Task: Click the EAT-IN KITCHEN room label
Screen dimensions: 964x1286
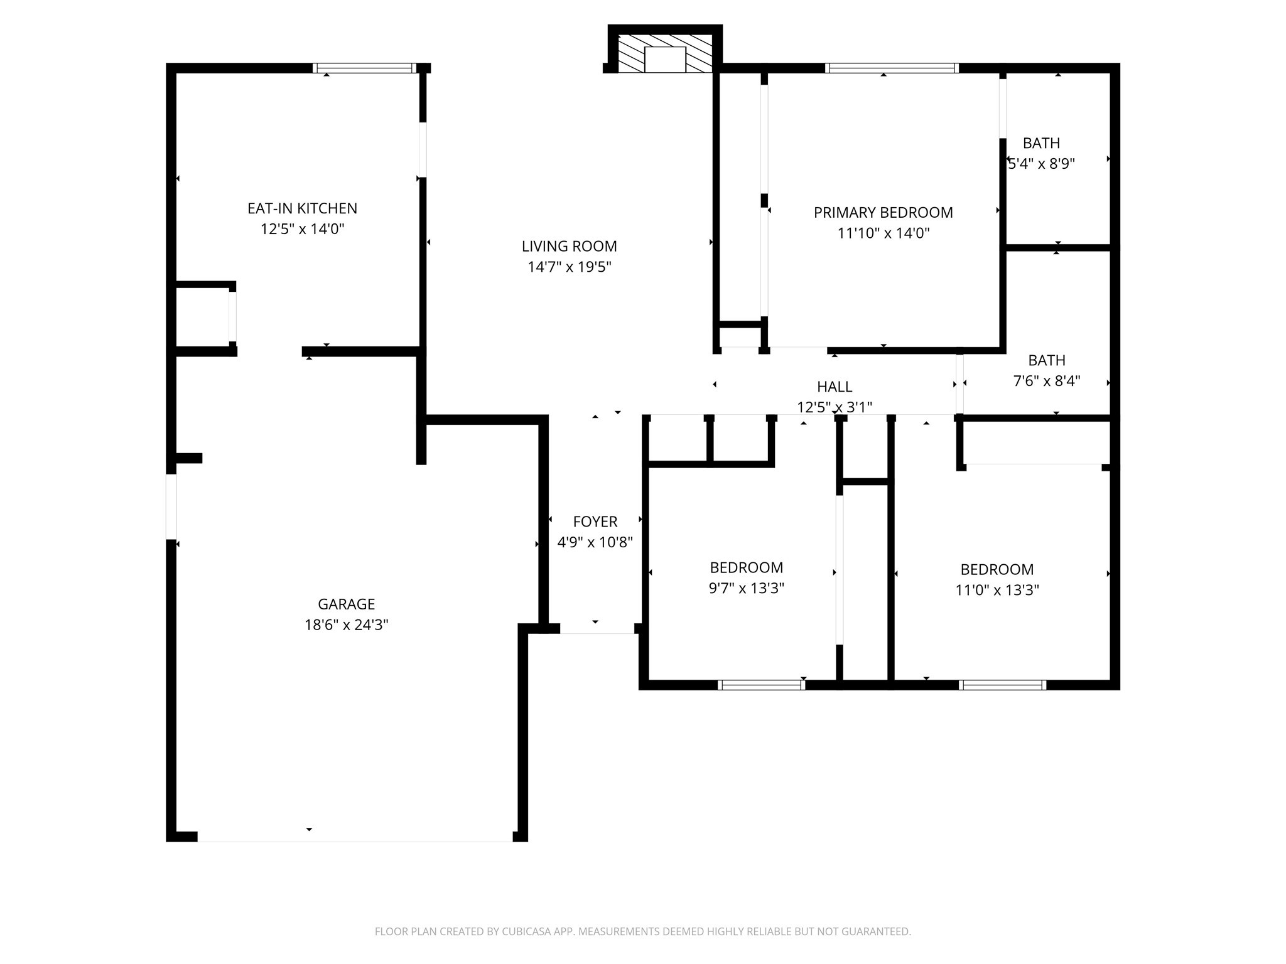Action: click(302, 208)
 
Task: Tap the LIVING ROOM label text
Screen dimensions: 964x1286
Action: click(569, 246)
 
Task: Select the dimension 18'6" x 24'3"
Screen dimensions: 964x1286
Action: click(346, 624)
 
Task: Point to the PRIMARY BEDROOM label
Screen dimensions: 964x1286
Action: click(883, 213)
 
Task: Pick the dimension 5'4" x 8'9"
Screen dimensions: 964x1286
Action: click(1041, 164)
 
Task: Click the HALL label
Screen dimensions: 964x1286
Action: click(835, 387)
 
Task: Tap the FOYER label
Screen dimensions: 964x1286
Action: click(595, 522)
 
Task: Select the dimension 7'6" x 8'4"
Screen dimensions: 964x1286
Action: click(1046, 381)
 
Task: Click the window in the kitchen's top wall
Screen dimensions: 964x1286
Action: click(364, 68)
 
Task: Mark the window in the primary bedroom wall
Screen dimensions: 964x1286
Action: click(891, 68)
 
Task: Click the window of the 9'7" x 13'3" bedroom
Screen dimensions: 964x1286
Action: click(761, 685)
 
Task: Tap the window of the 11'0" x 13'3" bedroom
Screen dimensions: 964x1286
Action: click(1002, 685)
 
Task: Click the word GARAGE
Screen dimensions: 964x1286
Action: click(346, 604)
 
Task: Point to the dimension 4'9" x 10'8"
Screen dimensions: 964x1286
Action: click(595, 542)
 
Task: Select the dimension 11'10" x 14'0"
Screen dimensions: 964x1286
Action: click(883, 233)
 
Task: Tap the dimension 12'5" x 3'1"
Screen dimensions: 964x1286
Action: click(835, 407)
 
